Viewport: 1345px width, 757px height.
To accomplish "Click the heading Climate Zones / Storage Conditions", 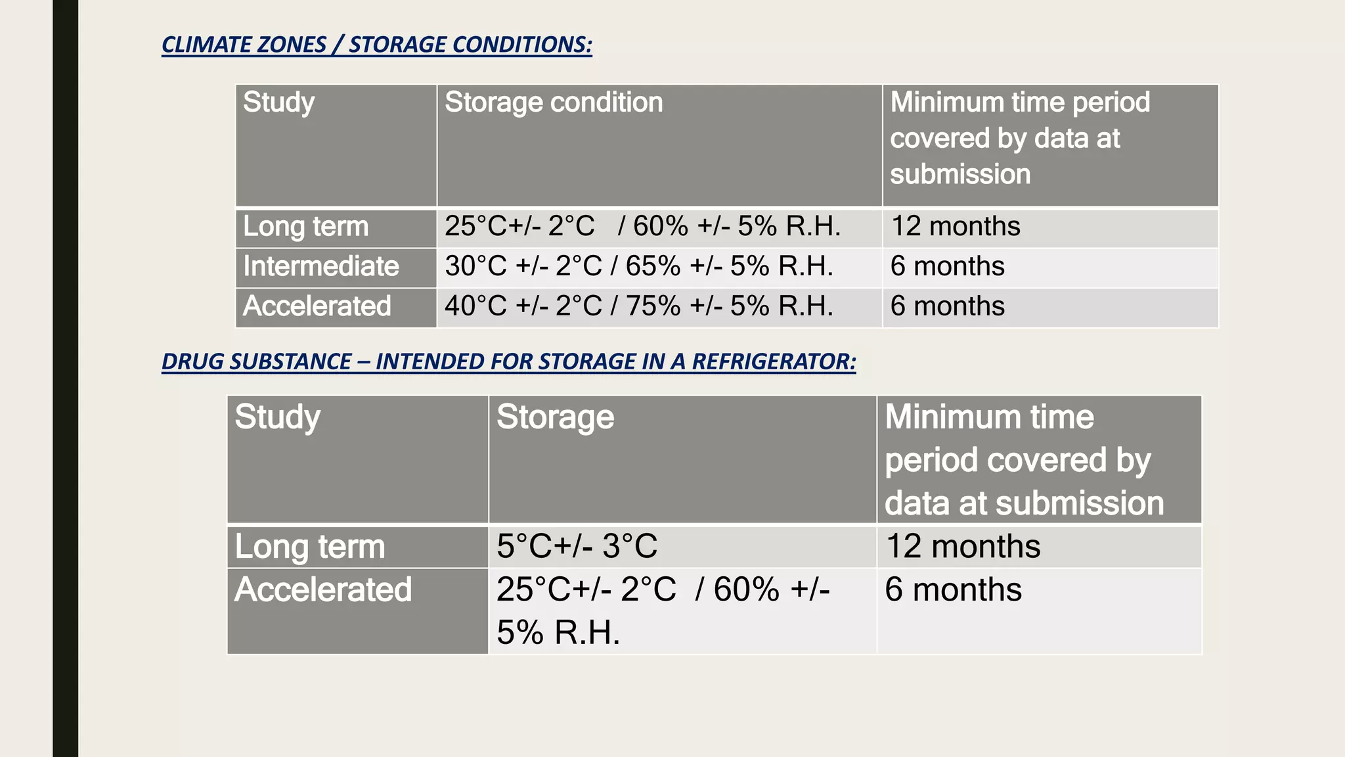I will [x=376, y=45].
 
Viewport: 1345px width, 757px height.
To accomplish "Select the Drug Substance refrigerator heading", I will [x=508, y=361].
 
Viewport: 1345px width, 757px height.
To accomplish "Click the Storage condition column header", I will [x=553, y=103].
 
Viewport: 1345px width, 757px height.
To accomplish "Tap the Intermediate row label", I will [x=320, y=267].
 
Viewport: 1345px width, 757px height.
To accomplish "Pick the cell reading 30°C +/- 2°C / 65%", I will [x=638, y=267].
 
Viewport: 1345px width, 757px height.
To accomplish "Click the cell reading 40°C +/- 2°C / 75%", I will [x=638, y=306].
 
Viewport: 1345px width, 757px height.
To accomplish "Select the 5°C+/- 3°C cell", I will [x=577, y=547].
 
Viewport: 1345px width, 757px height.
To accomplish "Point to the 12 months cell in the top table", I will [x=955, y=227].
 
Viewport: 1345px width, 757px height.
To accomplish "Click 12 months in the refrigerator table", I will [x=963, y=547].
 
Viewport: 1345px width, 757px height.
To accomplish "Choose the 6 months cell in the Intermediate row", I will [x=947, y=267].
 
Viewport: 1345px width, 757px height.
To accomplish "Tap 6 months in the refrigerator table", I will [x=953, y=590].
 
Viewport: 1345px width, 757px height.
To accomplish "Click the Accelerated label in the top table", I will [x=317, y=306].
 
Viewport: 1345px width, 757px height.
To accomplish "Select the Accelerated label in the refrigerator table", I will [x=323, y=590].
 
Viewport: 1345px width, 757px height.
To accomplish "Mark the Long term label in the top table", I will [x=305, y=227].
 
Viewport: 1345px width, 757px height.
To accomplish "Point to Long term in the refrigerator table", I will [x=310, y=547].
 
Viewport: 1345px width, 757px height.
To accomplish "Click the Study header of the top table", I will [x=278, y=103].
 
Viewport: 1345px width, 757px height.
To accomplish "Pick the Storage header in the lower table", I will [x=555, y=417].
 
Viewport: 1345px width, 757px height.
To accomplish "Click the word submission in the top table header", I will [x=959, y=175].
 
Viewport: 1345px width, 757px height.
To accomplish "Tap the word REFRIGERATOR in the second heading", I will [x=774, y=361].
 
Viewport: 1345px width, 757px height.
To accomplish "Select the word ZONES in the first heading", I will [x=290, y=45].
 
